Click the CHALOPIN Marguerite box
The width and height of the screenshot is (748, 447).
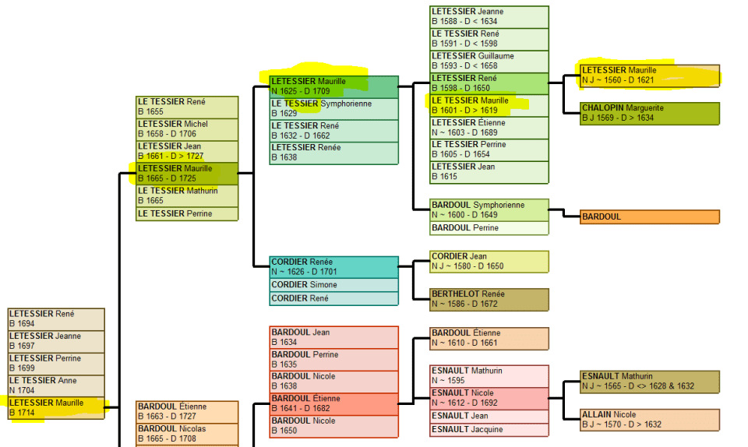tap(650, 113)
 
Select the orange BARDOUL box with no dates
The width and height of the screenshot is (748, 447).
tap(650, 216)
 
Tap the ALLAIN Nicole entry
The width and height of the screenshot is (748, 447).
tap(650, 420)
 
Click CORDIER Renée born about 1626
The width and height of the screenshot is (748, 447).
tap(333, 267)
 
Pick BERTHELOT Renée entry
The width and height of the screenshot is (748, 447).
tap(489, 299)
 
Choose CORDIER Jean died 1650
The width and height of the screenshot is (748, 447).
tap(489, 261)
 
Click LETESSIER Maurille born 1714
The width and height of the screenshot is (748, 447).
tap(55, 407)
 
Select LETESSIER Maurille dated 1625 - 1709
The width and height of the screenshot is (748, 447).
tap(333, 86)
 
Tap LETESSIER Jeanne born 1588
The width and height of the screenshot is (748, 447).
tap(489, 16)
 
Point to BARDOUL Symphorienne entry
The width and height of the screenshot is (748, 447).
tap(489, 209)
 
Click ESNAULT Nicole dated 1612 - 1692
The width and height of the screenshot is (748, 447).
tap(489, 398)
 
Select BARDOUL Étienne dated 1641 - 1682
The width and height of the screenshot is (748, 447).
tap(333, 403)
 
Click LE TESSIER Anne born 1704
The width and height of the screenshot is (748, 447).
tap(55, 385)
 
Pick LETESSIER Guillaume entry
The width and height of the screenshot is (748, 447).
tap(489, 61)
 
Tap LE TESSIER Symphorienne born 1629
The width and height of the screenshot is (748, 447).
tap(333, 108)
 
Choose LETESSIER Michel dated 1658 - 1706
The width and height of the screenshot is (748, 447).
tap(187, 128)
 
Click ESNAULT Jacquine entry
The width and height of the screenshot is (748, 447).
tap(489, 429)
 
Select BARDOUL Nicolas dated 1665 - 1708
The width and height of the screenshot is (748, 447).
tap(187, 433)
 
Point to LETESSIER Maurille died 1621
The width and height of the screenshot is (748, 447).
tap(650, 75)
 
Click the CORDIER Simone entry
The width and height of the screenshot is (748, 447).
tap(333, 285)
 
